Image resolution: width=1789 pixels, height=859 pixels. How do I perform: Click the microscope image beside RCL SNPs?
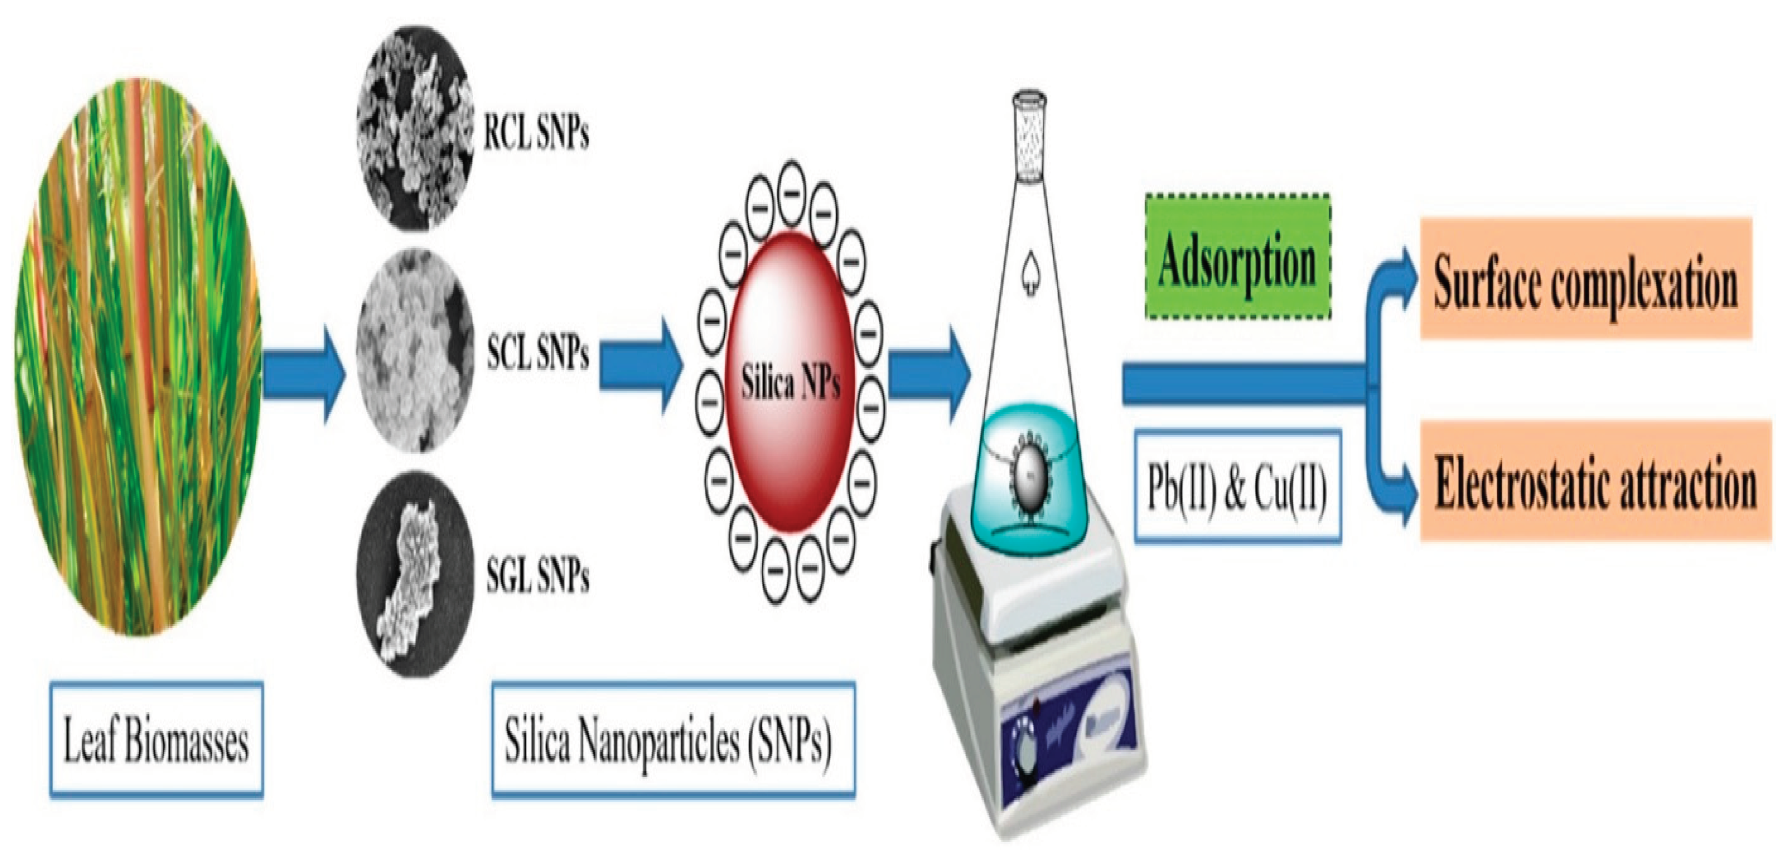[414, 129]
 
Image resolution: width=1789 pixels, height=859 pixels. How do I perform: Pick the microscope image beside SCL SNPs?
[414, 351]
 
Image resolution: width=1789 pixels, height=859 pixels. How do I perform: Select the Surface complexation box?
[1585, 278]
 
